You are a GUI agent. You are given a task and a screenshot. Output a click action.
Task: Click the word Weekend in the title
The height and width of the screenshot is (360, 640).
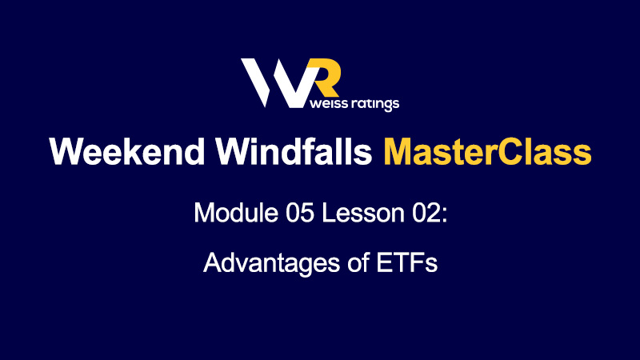(x=127, y=151)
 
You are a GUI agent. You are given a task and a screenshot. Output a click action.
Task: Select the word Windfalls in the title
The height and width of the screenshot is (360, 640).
(x=294, y=151)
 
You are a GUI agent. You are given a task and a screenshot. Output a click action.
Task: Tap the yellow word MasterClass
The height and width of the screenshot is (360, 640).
(x=487, y=151)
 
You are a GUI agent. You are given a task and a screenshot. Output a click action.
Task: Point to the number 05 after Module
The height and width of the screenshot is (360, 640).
(x=300, y=213)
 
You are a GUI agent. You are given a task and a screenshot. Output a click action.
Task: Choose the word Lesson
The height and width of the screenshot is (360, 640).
(x=363, y=213)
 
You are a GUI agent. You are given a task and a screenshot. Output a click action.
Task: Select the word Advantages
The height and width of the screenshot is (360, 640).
(x=271, y=263)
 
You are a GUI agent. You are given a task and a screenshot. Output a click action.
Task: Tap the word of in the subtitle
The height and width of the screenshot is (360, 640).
(x=358, y=262)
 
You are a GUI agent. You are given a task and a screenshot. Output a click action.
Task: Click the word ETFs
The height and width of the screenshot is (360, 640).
(x=406, y=262)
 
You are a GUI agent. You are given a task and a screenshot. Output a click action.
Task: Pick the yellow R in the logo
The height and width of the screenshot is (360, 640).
(x=325, y=78)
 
